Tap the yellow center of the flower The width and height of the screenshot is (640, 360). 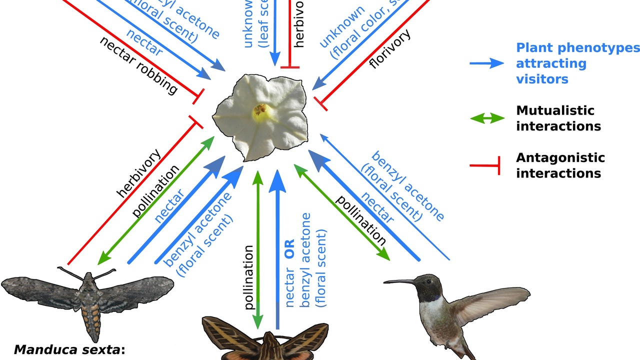(x=260, y=111)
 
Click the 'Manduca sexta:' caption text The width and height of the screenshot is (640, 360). (x=69, y=349)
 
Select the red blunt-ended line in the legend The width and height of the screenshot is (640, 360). (x=485, y=165)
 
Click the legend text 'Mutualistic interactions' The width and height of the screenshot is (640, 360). (x=558, y=118)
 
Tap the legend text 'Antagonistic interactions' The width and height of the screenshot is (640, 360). (x=560, y=165)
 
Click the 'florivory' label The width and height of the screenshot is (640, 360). (x=390, y=49)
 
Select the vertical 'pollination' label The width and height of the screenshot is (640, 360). (x=249, y=277)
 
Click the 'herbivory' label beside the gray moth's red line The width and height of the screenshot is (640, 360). (x=138, y=173)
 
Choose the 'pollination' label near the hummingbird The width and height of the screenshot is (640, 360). (x=360, y=220)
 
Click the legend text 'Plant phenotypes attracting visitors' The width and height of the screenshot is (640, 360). (x=575, y=63)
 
